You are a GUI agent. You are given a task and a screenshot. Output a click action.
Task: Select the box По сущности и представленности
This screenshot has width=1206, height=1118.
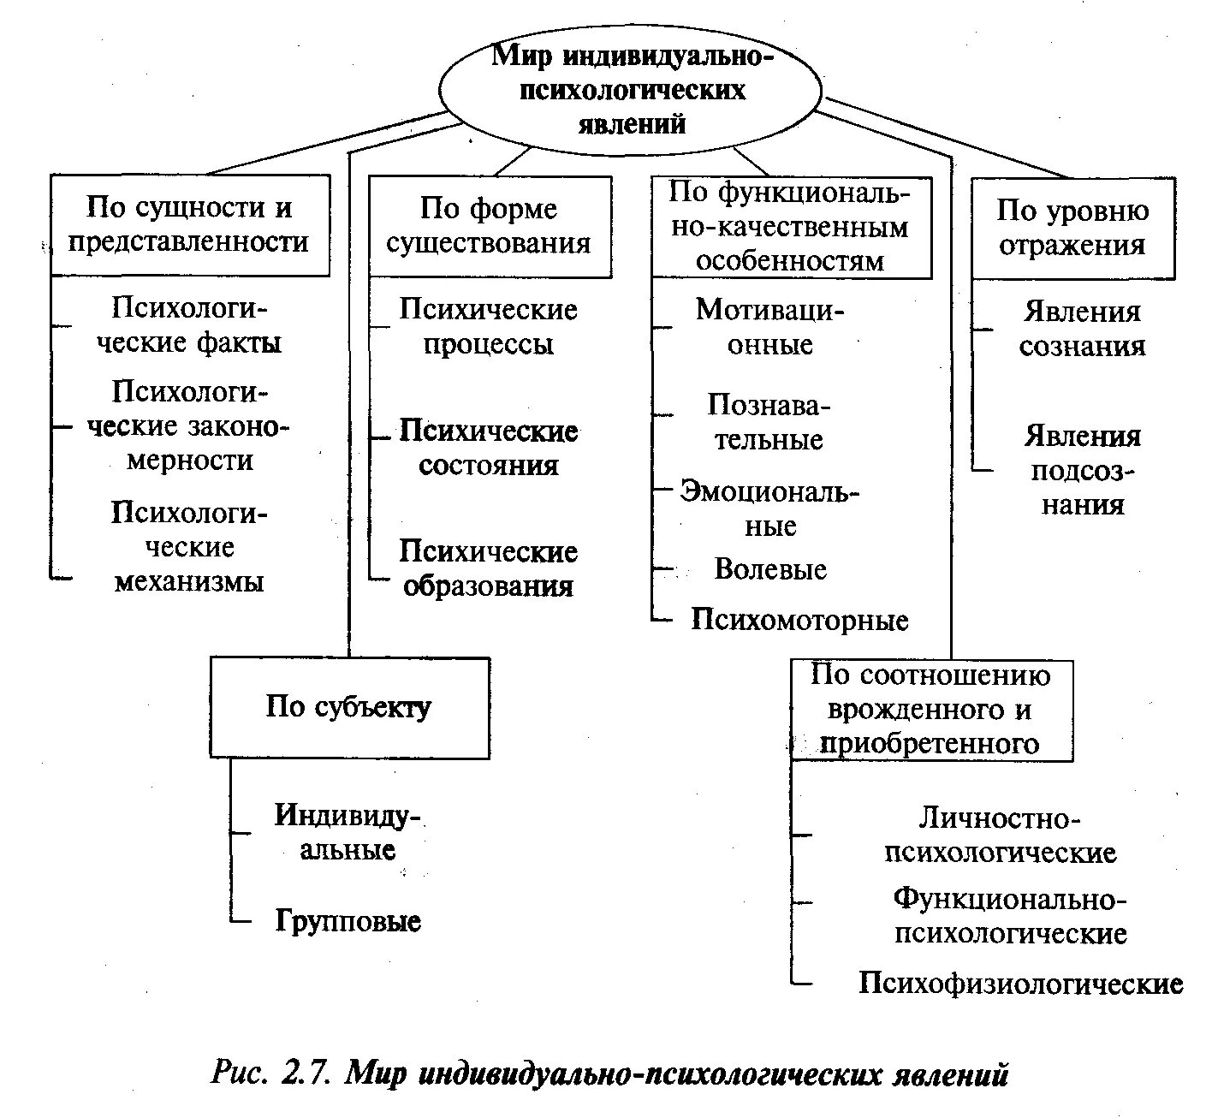(189, 225)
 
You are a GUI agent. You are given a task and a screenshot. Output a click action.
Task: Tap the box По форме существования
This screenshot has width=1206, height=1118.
(490, 226)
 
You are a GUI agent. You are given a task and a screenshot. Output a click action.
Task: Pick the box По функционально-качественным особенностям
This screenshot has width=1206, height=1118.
(790, 227)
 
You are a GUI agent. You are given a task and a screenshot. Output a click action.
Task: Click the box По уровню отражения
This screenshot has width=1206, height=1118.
(1072, 228)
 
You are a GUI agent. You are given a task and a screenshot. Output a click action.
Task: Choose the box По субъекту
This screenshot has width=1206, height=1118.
(349, 708)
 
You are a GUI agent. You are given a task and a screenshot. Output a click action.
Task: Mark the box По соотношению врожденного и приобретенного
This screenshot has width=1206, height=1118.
(930, 710)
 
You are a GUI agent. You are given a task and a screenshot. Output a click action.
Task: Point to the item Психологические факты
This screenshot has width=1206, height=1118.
(190, 326)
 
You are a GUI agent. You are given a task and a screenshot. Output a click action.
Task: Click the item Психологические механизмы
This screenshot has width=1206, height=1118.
(190, 548)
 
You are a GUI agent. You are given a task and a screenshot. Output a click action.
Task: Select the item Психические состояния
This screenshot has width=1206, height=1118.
(489, 449)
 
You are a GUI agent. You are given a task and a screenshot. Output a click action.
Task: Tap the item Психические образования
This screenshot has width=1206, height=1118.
(489, 569)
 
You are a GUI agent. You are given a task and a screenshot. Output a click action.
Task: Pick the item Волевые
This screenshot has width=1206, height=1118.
(770, 570)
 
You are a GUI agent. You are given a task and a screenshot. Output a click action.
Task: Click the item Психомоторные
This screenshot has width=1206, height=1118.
(799, 621)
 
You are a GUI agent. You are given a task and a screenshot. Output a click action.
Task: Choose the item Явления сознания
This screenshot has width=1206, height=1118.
(1082, 329)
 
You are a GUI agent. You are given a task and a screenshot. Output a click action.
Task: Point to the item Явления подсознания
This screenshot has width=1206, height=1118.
(1083, 471)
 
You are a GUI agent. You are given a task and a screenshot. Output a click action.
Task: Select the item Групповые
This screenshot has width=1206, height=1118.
(348, 922)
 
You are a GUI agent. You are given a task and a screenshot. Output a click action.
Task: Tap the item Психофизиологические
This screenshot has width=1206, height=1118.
(1020, 984)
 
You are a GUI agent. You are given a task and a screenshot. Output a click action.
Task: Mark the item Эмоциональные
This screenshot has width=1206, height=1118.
(769, 508)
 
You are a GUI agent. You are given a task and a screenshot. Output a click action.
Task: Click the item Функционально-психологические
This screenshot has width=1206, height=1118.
(1010, 916)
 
